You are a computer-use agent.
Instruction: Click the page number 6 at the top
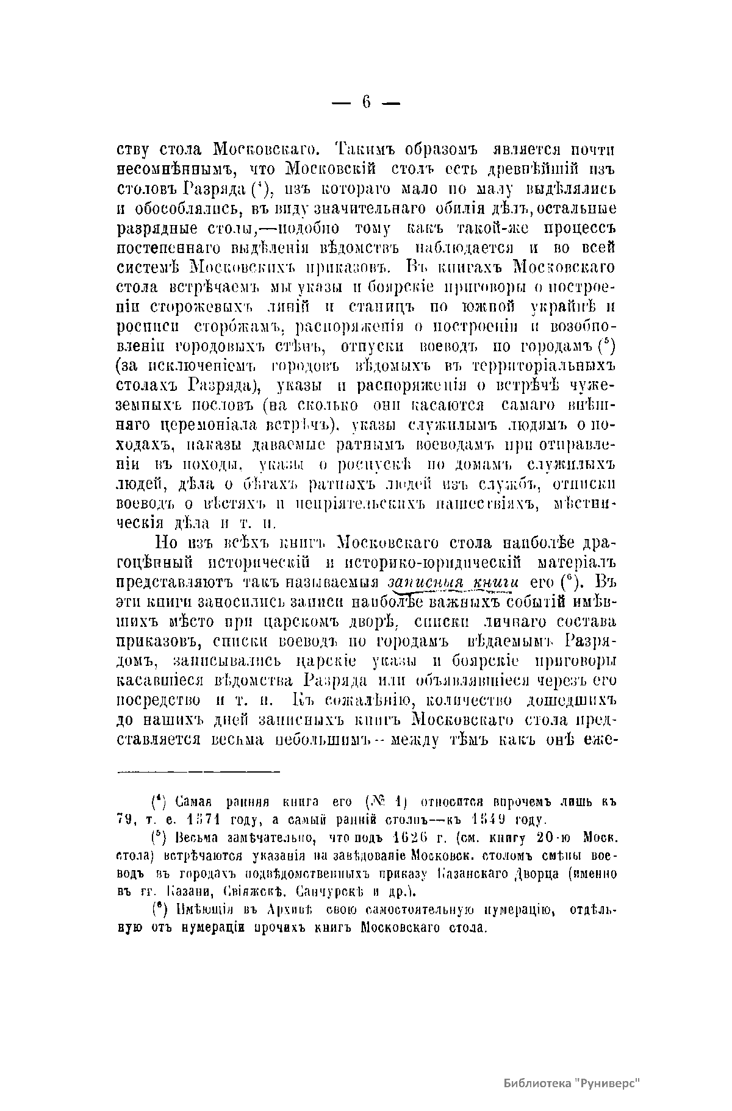tap(366, 102)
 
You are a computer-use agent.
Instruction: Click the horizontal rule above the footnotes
tap(198, 772)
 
